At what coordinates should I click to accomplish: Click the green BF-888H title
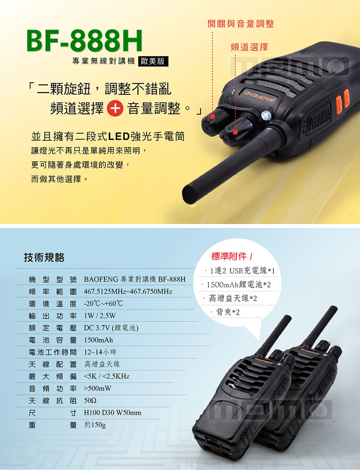coord(85,41)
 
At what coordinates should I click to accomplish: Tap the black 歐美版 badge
coord(153,62)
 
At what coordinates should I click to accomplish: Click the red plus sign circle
coord(115,108)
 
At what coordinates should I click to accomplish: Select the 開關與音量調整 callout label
coord(240,24)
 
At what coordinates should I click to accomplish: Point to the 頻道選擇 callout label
coord(249,47)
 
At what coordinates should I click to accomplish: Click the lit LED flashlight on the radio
coord(266,115)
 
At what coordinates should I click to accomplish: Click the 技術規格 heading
coord(44,258)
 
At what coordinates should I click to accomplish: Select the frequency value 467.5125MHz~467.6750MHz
coord(128,292)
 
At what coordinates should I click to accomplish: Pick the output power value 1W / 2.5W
coord(100,316)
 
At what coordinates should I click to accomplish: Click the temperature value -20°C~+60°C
coord(103,304)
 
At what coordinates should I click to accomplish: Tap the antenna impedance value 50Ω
coord(90,401)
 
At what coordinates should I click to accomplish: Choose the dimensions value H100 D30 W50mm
coord(112,413)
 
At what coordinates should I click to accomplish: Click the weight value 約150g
coord(95,425)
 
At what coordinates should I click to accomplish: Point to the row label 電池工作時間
coord(53,352)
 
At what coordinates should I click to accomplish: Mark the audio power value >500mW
coord(98,389)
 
